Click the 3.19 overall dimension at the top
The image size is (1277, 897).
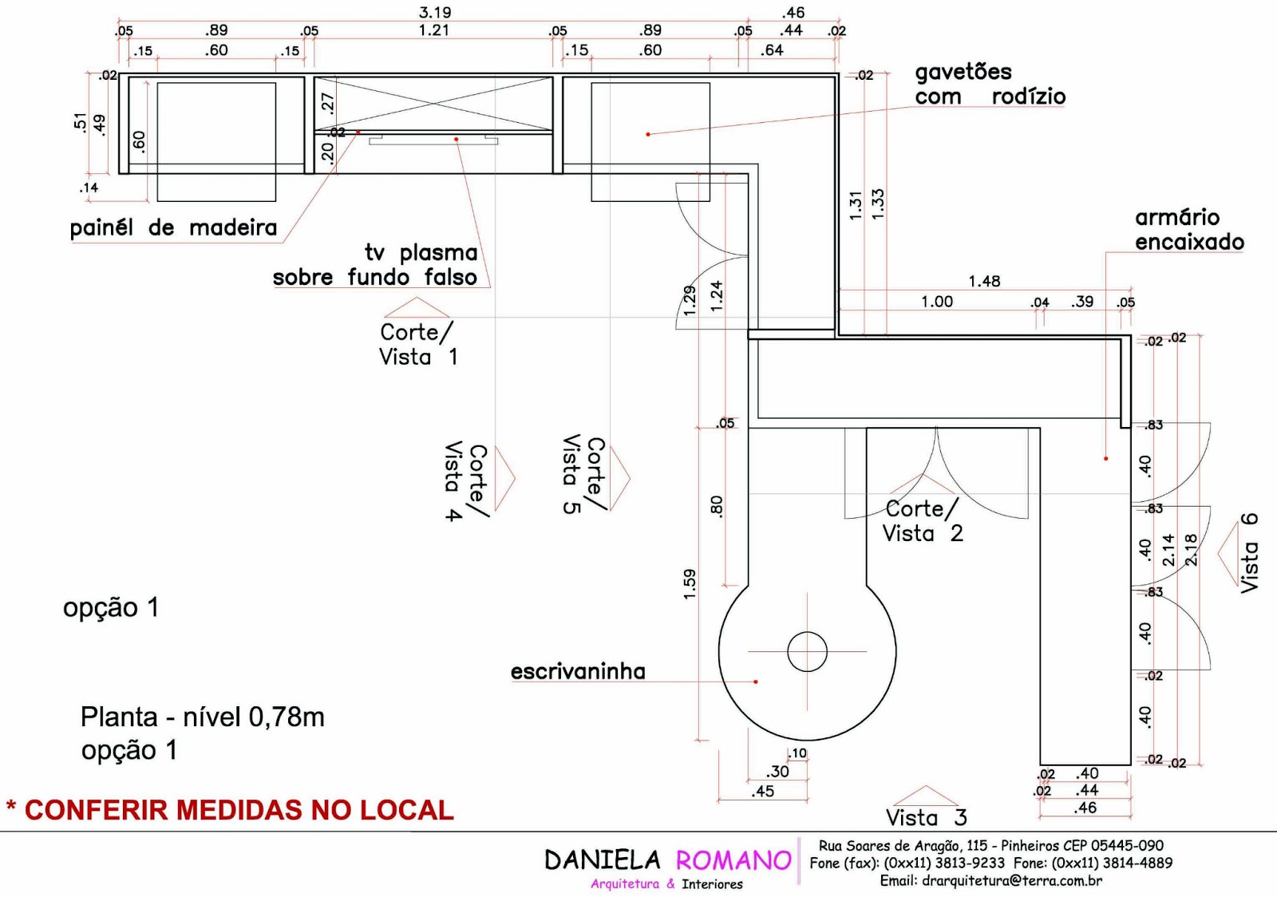tap(435, 12)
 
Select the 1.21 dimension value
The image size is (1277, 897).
tap(434, 30)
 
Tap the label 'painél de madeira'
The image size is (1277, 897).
tap(173, 228)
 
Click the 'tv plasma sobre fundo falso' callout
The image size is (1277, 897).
tap(375, 265)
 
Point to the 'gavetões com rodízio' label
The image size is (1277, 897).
tap(990, 85)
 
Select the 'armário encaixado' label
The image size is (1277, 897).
tap(1189, 230)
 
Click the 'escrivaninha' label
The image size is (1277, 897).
tap(578, 672)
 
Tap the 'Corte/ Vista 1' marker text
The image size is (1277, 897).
tap(417, 345)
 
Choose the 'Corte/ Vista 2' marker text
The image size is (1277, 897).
tap(923, 521)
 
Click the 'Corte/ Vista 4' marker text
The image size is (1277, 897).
tap(465, 482)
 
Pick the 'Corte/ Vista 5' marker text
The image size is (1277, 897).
tap(583, 474)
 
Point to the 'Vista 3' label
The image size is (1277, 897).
tap(926, 817)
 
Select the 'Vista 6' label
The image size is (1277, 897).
tap(1249, 552)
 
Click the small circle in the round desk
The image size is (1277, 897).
tap(807, 651)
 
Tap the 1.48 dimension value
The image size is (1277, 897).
tap(984, 281)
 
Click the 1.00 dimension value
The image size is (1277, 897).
tap(936, 302)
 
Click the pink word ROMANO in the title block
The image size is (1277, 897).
tap(733, 860)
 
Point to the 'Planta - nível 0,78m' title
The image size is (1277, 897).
tap(203, 717)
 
